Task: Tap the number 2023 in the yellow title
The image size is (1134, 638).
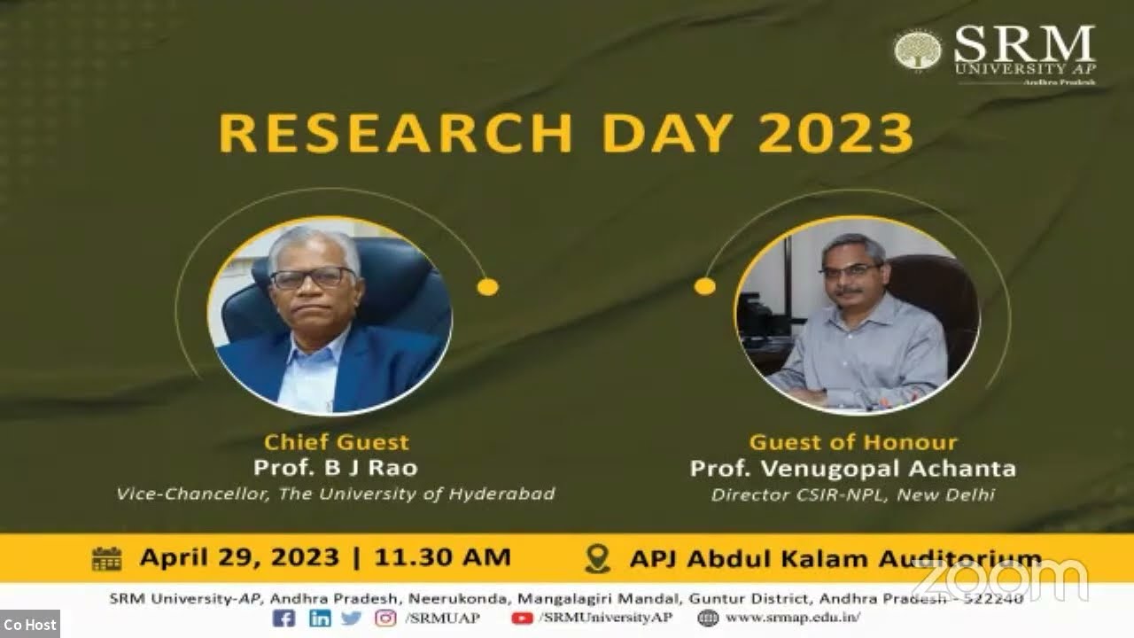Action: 835,134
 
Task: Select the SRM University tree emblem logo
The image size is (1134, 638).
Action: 917,50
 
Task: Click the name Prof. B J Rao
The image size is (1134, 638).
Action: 335,467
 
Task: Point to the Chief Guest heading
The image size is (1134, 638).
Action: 337,442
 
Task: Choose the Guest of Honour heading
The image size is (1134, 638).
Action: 853,442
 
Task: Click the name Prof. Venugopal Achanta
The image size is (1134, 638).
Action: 853,468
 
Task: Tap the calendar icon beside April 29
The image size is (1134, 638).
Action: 106,558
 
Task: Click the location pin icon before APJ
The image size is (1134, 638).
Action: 599,558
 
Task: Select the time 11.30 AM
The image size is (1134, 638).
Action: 442,557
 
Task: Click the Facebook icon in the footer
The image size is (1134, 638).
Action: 283,619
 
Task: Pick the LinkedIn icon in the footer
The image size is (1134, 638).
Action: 320,619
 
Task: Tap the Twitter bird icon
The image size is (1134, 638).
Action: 351,619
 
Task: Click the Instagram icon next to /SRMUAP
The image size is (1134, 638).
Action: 385,619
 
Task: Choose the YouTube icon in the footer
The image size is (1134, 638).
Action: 522,619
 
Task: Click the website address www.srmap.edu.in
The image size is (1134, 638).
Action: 791,619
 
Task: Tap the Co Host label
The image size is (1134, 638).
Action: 29,625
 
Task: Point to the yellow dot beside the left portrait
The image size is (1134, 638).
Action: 487,286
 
